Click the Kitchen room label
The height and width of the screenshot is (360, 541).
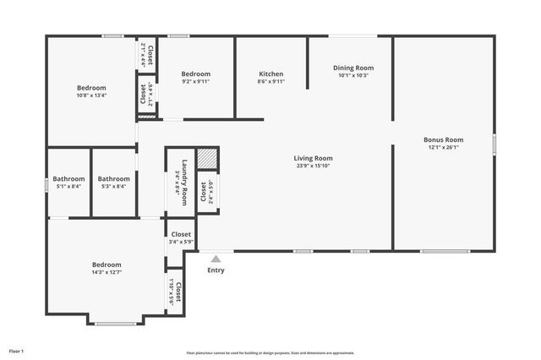pyautogui.click(x=270, y=74)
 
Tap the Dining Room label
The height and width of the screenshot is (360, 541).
pyautogui.click(x=353, y=68)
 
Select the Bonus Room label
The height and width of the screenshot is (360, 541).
pyautogui.click(x=444, y=139)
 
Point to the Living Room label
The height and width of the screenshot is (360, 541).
pyautogui.click(x=313, y=158)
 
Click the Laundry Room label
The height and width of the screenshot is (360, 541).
pyautogui.click(x=181, y=177)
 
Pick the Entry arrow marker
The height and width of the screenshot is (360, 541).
pyautogui.click(x=216, y=259)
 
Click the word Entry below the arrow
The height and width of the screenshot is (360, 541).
pyautogui.click(x=216, y=270)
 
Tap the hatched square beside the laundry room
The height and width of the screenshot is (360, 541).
pyautogui.click(x=207, y=158)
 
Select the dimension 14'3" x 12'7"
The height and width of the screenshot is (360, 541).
pyautogui.click(x=107, y=272)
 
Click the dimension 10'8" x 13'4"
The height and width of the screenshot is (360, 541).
pyautogui.click(x=91, y=95)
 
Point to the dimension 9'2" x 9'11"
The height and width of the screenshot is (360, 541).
pyautogui.click(x=196, y=82)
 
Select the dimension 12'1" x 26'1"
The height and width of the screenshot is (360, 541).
pyautogui.click(x=444, y=147)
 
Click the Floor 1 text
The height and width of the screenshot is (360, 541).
pyautogui.click(x=16, y=351)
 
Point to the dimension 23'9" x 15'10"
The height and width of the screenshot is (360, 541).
pyautogui.click(x=313, y=166)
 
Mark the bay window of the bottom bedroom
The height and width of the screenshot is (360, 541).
pyautogui.click(x=116, y=323)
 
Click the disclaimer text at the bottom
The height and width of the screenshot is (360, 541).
pyautogui.click(x=270, y=353)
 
